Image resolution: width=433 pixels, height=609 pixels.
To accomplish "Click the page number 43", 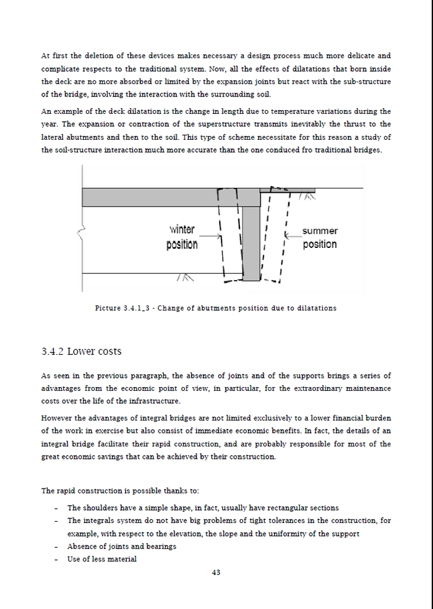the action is click(x=216, y=572).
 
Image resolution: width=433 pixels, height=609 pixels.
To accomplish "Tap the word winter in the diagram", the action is click(x=182, y=229).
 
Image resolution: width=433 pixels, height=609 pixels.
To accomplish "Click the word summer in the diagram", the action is click(x=320, y=231).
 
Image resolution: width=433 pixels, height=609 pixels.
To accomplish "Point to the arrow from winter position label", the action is click(x=210, y=236).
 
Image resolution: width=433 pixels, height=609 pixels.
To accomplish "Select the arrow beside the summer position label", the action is click(x=293, y=236).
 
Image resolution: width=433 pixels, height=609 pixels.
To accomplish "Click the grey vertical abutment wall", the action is click(x=251, y=243).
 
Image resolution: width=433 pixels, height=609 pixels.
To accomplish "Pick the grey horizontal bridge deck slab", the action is click(x=171, y=197).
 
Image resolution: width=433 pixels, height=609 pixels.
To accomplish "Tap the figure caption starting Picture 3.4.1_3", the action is click(x=216, y=308).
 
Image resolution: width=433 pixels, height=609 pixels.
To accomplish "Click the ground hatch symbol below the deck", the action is click(x=184, y=278).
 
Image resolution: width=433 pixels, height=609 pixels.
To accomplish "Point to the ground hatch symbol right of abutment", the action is click(x=307, y=196).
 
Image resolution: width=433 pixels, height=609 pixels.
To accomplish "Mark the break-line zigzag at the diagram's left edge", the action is click(x=81, y=233).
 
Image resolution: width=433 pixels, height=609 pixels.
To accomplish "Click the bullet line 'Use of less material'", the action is click(x=102, y=560).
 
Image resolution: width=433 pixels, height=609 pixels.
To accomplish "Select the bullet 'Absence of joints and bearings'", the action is click(x=122, y=547).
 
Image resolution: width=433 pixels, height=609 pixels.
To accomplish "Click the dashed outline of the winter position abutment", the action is click(x=231, y=236).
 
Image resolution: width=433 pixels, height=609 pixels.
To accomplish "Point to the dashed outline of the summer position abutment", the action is click(x=275, y=234).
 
